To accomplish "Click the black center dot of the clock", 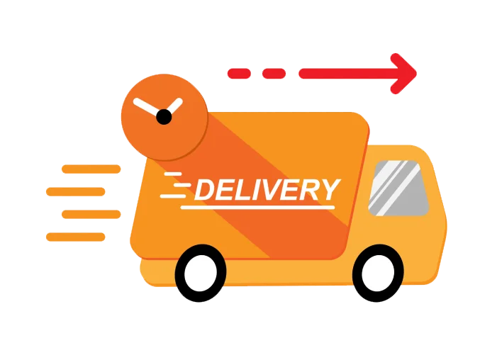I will [164, 117].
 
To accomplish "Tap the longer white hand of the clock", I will [147, 108].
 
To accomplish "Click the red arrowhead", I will [406, 73].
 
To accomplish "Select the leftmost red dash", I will [238, 73].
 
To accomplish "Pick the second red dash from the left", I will [274, 73].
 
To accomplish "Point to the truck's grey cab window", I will [399, 189].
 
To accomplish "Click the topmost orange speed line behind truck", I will [91, 169].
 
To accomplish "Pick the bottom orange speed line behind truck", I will [76, 237].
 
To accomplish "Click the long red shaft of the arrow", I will [347, 73].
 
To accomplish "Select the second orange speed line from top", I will [76, 191].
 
